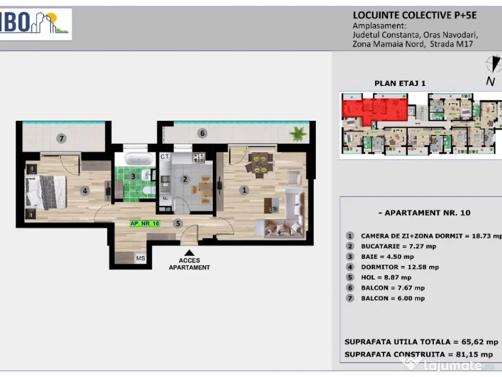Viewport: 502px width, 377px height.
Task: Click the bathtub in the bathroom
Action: click(x=139, y=159)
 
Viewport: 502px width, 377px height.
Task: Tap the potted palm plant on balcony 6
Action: click(x=298, y=134)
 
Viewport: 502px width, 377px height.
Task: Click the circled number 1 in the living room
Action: click(x=244, y=190)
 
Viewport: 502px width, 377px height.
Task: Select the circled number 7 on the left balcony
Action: click(x=61, y=138)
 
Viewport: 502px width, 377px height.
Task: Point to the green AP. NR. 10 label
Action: click(x=145, y=223)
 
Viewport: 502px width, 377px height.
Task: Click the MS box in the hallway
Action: click(x=141, y=258)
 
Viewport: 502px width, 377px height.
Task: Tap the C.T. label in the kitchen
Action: click(x=165, y=157)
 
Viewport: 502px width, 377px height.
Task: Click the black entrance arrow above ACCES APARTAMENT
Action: click(x=189, y=253)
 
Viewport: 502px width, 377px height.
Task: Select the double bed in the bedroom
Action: click(x=46, y=192)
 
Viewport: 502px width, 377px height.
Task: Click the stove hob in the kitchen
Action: click(x=199, y=158)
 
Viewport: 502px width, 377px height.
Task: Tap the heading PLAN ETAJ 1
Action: click(x=400, y=83)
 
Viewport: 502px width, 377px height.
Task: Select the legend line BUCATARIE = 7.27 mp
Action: click(x=399, y=246)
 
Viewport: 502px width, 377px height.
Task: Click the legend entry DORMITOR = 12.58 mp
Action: click(x=400, y=267)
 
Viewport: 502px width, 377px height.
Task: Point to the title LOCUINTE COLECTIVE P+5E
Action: click(x=415, y=15)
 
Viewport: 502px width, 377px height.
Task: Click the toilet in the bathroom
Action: click(x=149, y=190)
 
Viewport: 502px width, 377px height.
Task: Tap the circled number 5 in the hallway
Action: click(x=178, y=223)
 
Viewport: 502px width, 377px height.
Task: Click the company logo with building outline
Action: click(x=35, y=24)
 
